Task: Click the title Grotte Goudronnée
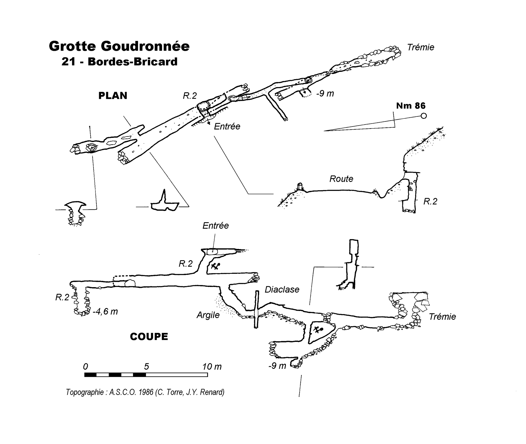(x=119, y=46)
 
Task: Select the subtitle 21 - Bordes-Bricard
(x=119, y=62)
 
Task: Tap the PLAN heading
(x=113, y=96)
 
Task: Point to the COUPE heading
(x=149, y=336)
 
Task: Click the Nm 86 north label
(x=411, y=106)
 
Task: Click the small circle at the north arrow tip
(x=424, y=116)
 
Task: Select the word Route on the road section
(x=341, y=179)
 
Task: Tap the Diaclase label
(x=282, y=289)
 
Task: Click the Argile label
(x=208, y=315)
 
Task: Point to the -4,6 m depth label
(x=105, y=312)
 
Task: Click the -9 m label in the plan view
(x=325, y=94)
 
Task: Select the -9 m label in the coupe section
(x=277, y=366)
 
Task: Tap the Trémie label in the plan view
(x=421, y=47)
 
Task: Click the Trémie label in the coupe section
(x=442, y=317)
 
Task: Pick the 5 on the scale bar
(x=146, y=366)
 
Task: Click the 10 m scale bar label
(x=212, y=367)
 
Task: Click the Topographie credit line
(x=145, y=392)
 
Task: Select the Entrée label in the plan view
(x=227, y=127)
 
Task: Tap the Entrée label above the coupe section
(x=216, y=226)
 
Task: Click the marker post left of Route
(x=300, y=186)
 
